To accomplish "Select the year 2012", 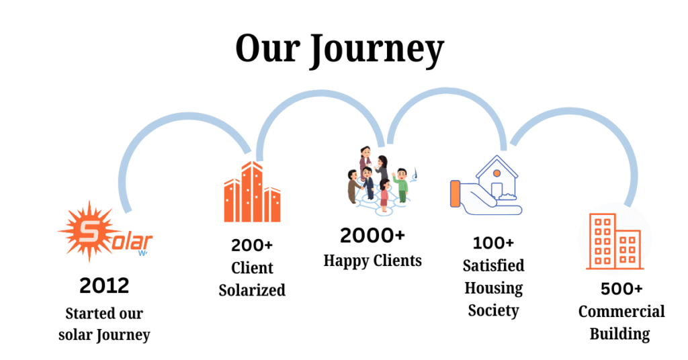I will tap(104, 285).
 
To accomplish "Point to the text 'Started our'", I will tap(104, 313).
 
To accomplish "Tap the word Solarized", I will tap(252, 290).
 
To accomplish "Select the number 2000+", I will tap(372, 236).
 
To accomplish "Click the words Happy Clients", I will tap(372, 260).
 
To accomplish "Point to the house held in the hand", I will tap(497, 177).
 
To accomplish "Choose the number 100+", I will tap(493, 242).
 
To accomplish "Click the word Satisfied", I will tap(493, 265).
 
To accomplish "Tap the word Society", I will tap(493, 310).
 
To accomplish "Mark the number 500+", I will tap(621, 289).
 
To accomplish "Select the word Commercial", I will tap(621, 312).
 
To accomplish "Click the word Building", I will tap(619, 334).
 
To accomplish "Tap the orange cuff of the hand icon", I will tap(456, 192).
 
